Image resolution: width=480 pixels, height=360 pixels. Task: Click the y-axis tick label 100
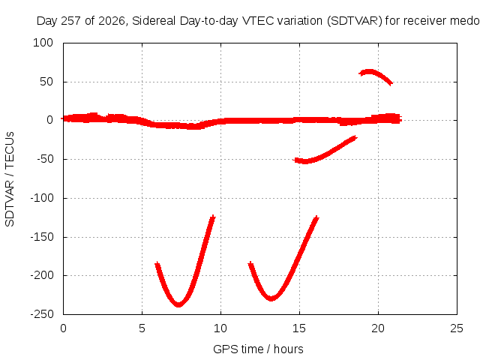43,43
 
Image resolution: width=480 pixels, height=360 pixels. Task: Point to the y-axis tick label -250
42,314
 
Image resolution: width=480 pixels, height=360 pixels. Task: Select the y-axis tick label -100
42,198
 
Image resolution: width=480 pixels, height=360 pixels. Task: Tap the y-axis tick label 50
46,82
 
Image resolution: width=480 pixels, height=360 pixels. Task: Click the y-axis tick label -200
42,275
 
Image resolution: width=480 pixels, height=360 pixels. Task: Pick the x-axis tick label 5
142,328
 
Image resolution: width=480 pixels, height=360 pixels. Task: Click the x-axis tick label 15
299,328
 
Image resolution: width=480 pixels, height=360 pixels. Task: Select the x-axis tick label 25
457,328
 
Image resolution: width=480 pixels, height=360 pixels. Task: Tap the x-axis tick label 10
220,328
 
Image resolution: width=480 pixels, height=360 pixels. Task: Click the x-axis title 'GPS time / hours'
258,349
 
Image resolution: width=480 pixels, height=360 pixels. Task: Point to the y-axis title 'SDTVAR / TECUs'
10,179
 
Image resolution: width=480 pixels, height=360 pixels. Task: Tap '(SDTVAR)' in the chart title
355,21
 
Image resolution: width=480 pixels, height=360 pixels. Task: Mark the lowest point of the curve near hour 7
178,305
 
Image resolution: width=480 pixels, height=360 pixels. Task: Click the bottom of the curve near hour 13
271,298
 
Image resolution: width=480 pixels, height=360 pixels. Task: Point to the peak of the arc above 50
370,72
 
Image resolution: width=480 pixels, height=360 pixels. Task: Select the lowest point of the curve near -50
304,162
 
